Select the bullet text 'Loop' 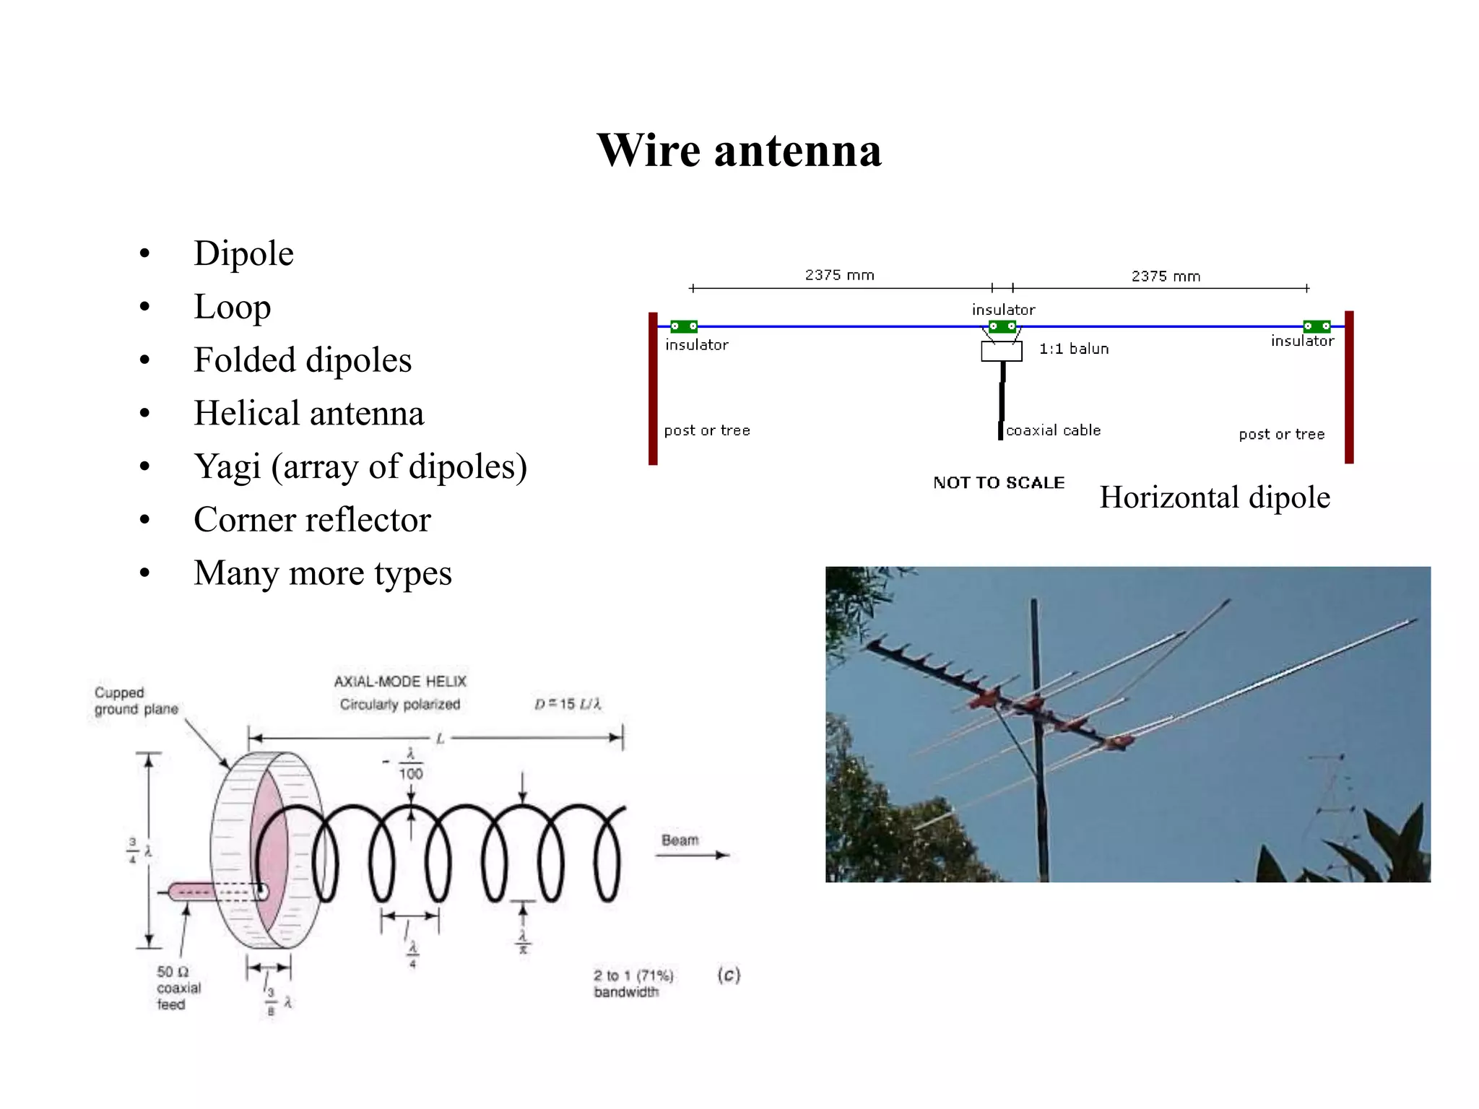(x=232, y=307)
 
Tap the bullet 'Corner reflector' (x=312, y=520)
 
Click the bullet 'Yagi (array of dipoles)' (x=360, y=466)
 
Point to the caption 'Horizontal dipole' (x=1214, y=497)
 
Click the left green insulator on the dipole (x=683, y=326)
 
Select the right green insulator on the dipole (x=1316, y=326)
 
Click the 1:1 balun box (x=1001, y=351)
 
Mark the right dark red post (x=1348, y=387)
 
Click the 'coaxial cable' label (x=1053, y=431)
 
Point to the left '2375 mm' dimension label (x=839, y=275)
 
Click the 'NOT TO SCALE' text (x=998, y=483)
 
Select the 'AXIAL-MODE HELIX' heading (x=400, y=682)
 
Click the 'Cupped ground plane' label (x=136, y=701)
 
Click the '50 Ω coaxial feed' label (x=178, y=988)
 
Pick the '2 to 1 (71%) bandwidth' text (x=633, y=983)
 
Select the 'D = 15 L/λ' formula (x=568, y=704)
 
